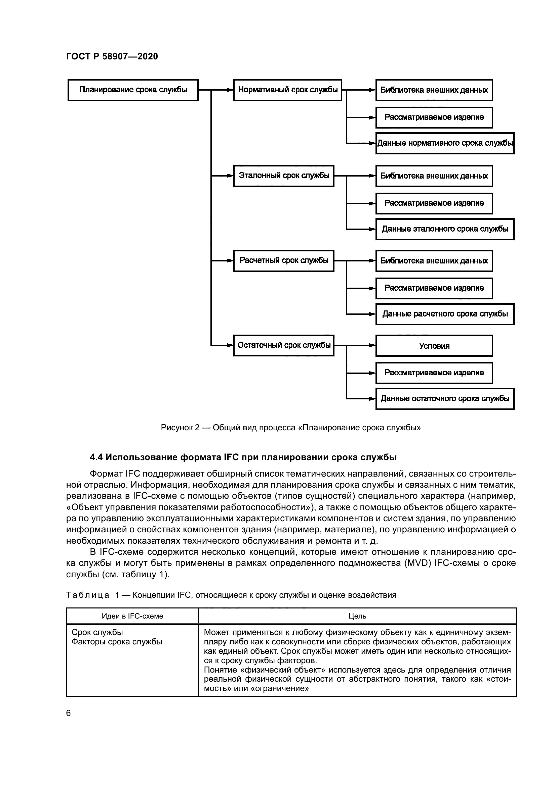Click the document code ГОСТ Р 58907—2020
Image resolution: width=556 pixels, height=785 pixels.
pyautogui.click(x=112, y=56)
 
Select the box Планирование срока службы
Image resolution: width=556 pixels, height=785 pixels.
pyautogui.click(x=133, y=90)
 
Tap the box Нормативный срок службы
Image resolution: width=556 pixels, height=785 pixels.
pyautogui.click(x=288, y=90)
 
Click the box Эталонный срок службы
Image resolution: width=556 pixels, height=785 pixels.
pyautogui.click(x=283, y=176)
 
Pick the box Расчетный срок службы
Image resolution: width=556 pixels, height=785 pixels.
pyautogui.click(x=283, y=260)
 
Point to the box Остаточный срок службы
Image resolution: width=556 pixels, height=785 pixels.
pyautogui.click(x=283, y=345)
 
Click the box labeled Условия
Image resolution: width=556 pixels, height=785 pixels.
pyautogui.click(x=434, y=346)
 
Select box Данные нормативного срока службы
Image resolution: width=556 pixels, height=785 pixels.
pyautogui.click(x=445, y=143)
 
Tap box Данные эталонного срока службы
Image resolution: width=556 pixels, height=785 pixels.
pyautogui.click(x=445, y=229)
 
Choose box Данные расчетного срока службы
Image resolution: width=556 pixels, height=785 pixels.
pyautogui.click(x=445, y=314)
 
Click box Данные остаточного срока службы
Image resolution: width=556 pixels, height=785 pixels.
pyautogui.click(x=445, y=399)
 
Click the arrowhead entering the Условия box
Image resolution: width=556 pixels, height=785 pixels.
pyautogui.click(x=372, y=345)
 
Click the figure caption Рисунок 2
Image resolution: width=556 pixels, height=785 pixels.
pyautogui.click(x=180, y=428)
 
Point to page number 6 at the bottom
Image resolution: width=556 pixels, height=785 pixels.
pyautogui.click(x=69, y=713)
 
